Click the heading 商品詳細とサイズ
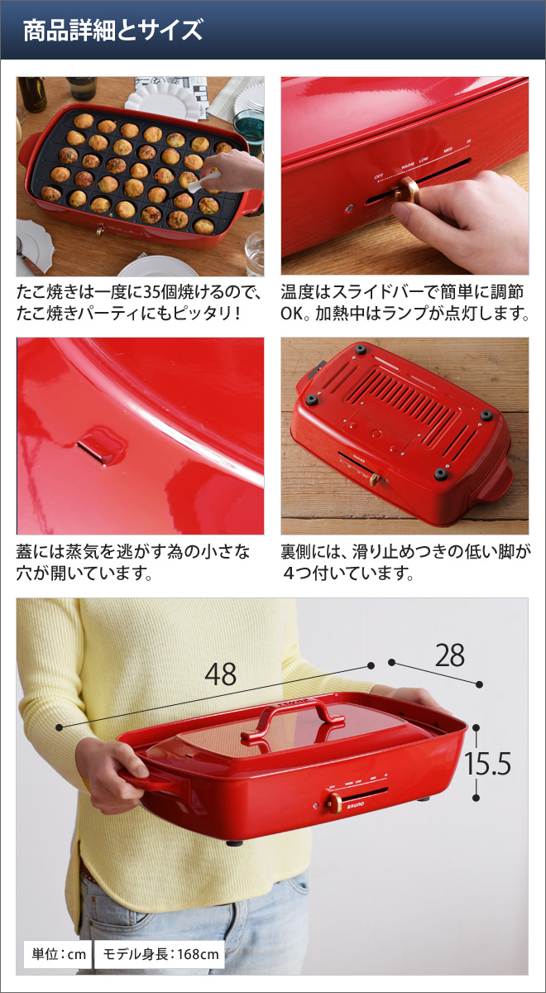click(x=113, y=30)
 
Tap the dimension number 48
click(x=220, y=674)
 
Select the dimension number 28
click(x=450, y=655)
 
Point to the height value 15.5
click(x=487, y=763)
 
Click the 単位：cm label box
click(x=58, y=953)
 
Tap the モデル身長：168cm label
click(x=160, y=953)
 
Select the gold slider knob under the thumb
click(x=407, y=189)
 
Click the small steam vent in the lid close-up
click(x=100, y=444)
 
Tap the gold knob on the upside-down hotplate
click(x=375, y=479)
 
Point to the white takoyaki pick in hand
click(x=203, y=182)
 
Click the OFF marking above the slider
click(x=379, y=176)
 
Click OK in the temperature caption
click(x=291, y=314)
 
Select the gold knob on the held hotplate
click(x=333, y=803)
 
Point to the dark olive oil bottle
click(x=32, y=94)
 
